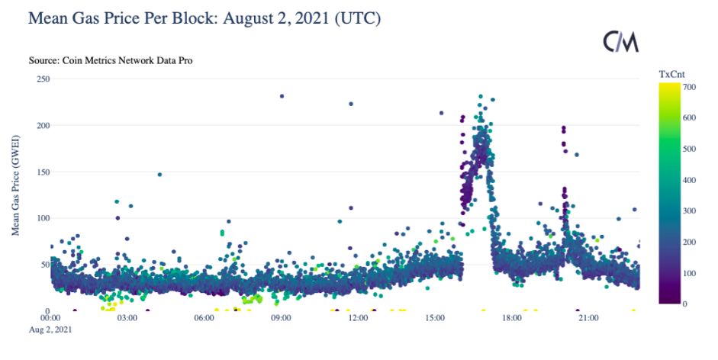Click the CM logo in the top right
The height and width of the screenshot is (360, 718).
tap(620, 42)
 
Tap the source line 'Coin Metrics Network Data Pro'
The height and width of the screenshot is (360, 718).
tap(110, 60)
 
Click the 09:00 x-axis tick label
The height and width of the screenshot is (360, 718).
tap(281, 318)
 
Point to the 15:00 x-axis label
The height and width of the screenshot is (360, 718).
tap(435, 318)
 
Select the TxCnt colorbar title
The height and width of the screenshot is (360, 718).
tap(671, 74)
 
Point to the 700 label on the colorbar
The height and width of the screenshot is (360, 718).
tap(689, 86)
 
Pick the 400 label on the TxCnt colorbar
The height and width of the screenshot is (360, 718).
tap(689, 179)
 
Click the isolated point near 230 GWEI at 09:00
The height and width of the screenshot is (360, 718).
tap(282, 96)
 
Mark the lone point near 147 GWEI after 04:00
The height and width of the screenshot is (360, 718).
tap(159, 175)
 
